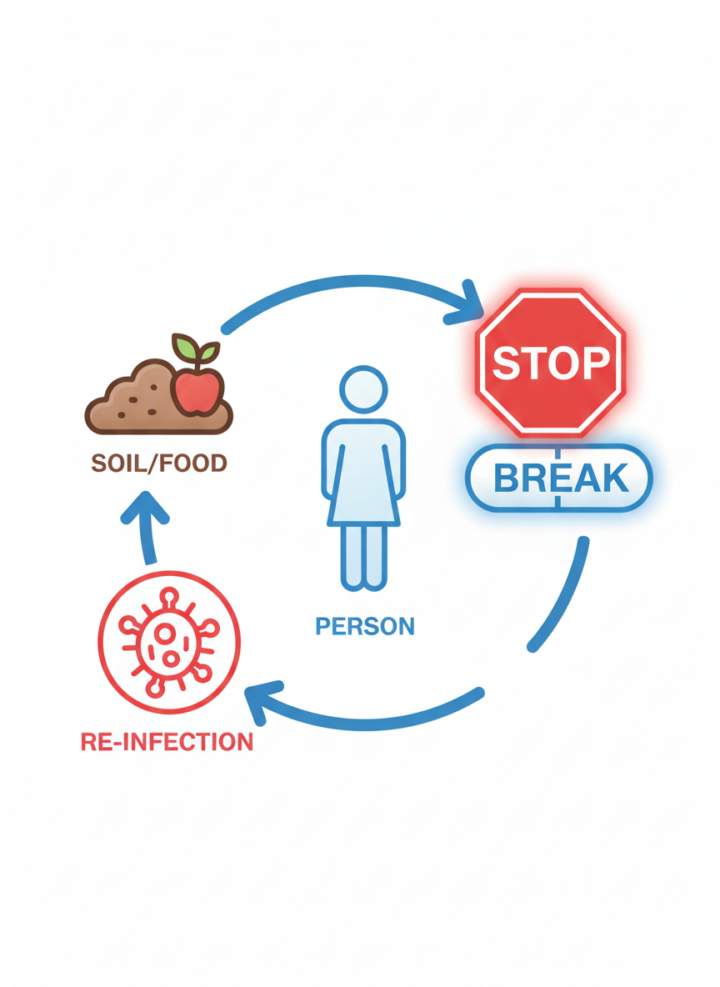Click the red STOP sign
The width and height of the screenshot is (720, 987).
[x=550, y=362]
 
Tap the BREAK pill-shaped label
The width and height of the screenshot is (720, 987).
[x=558, y=478]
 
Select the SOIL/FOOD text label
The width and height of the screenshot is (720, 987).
[x=158, y=463]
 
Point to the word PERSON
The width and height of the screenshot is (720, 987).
[x=365, y=626]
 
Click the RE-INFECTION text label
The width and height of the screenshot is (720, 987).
[x=167, y=741]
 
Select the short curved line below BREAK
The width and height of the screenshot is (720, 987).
[x=562, y=596]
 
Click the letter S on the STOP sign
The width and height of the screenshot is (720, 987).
[x=507, y=362]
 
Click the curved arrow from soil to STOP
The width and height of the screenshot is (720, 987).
[x=342, y=287]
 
